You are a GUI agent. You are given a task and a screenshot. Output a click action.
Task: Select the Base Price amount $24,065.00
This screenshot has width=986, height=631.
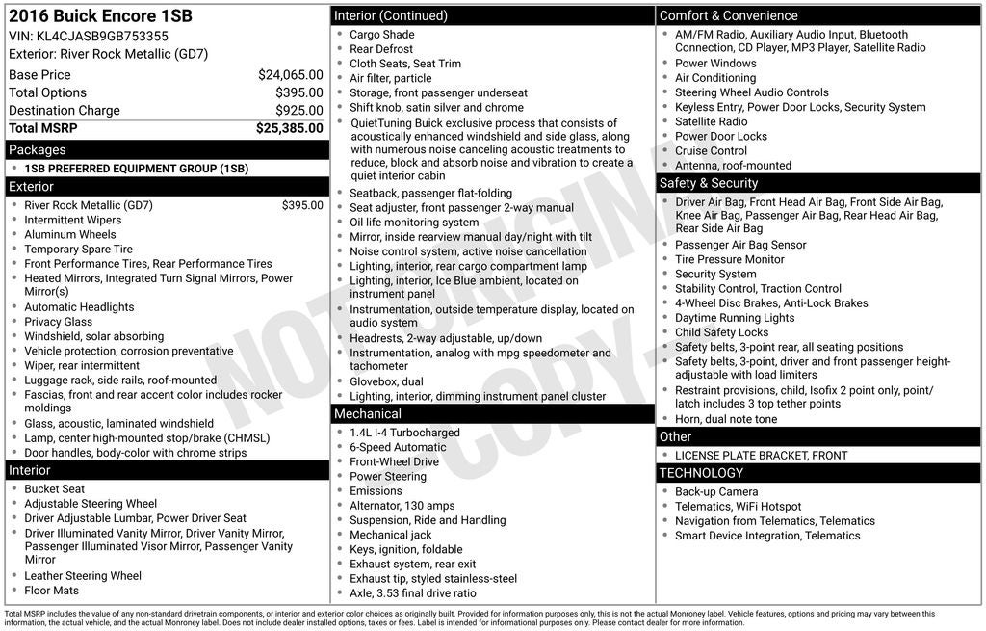(290, 75)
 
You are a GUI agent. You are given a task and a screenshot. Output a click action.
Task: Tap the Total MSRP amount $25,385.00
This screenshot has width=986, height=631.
(289, 128)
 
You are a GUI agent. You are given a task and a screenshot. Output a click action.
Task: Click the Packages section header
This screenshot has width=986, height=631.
(37, 150)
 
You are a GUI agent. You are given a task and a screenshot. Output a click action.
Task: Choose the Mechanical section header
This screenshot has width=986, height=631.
(368, 414)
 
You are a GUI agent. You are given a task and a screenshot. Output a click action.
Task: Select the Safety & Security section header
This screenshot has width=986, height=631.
(709, 183)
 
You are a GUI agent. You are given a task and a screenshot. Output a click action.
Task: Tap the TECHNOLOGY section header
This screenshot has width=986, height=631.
(701, 473)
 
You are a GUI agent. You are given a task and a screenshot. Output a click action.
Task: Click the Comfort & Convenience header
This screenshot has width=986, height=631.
(728, 15)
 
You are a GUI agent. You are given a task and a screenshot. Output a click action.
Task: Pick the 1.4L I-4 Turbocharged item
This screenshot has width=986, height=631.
(404, 433)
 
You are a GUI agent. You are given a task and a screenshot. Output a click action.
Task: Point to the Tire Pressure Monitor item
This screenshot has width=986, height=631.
(729, 259)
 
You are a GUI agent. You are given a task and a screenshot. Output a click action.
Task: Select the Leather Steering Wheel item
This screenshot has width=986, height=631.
(83, 576)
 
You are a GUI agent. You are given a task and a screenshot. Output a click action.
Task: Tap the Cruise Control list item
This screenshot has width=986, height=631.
(711, 150)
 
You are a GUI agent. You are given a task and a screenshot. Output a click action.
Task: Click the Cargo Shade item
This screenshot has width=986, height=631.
(382, 35)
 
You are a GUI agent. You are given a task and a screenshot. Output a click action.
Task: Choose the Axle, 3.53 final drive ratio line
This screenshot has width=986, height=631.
(412, 593)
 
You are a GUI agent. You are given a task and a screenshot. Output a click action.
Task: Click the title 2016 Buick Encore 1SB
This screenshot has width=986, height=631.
(100, 16)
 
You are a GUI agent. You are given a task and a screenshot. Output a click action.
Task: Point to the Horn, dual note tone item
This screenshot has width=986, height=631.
(726, 419)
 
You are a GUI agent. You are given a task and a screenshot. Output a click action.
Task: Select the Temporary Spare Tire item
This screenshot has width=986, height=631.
(79, 250)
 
